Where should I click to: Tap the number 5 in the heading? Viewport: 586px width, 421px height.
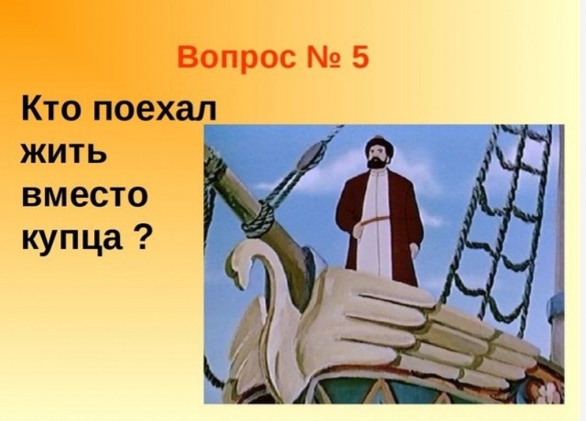[x=359, y=57]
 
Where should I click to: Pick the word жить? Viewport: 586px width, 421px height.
[x=64, y=153]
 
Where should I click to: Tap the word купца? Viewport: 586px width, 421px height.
[x=72, y=240]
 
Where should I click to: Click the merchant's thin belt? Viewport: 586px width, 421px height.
[x=377, y=220]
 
